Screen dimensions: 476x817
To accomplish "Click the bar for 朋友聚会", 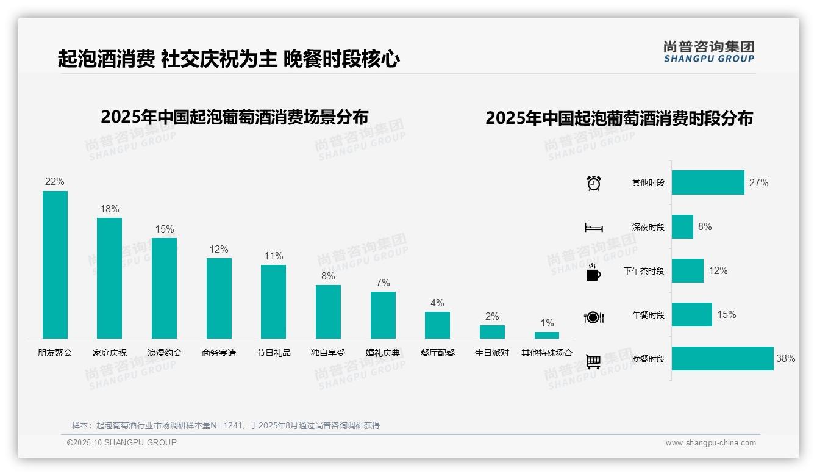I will pyautogui.click(x=55, y=265).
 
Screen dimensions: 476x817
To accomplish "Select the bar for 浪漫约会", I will pyautogui.click(x=164, y=288).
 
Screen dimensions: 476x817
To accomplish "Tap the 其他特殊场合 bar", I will pyautogui.click(x=547, y=335).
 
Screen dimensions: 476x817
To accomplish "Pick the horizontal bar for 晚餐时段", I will pyautogui.click(x=722, y=359).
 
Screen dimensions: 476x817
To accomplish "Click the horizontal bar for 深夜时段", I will pyautogui.click(x=682, y=227).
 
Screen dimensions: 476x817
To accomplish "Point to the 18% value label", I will pyautogui.click(x=110, y=209).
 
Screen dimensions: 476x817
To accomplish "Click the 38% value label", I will pyautogui.click(x=785, y=359).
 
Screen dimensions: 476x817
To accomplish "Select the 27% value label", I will pyautogui.click(x=758, y=182).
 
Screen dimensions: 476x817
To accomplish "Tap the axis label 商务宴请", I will pyautogui.click(x=219, y=353).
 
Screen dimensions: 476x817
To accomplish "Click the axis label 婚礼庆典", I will pyautogui.click(x=383, y=353).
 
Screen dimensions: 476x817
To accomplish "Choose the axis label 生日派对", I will pyautogui.click(x=492, y=353).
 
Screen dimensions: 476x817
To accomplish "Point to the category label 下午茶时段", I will pyautogui.click(x=644, y=271).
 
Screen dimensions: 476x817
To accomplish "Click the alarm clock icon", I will pyautogui.click(x=594, y=183).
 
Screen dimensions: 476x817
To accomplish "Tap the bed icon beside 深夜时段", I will pyautogui.click(x=594, y=228).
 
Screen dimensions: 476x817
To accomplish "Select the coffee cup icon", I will pyautogui.click(x=593, y=272).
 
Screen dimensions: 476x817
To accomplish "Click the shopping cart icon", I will pyautogui.click(x=593, y=361).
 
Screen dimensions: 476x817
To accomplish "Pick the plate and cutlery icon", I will pyautogui.click(x=594, y=317).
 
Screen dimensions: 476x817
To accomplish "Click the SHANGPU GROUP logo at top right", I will pyautogui.click(x=709, y=52).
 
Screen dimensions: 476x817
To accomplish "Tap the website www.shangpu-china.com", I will pyautogui.click(x=710, y=443).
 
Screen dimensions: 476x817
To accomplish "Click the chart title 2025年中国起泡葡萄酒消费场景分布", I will pyautogui.click(x=235, y=117).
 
